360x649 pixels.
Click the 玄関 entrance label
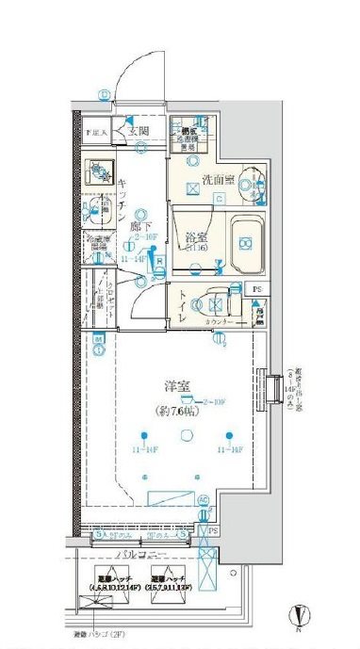139,131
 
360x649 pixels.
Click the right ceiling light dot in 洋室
230,434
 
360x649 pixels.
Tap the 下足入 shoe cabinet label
98,133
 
